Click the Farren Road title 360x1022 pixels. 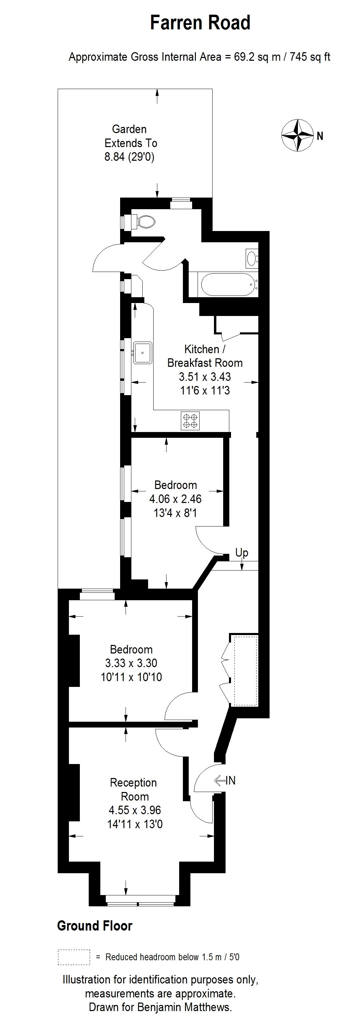click(200, 23)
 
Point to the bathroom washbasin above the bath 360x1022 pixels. click(251, 259)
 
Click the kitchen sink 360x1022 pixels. click(143, 352)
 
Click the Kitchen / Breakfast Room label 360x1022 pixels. click(205, 356)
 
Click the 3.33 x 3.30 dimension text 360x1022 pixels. click(131, 663)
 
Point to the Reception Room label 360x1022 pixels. click(134, 790)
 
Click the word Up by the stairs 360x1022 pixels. click(242, 552)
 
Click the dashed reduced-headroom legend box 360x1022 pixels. click(74, 957)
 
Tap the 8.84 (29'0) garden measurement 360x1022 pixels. click(129, 157)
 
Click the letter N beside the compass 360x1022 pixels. click(320, 136)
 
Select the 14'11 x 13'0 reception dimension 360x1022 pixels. click(135, 824)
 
